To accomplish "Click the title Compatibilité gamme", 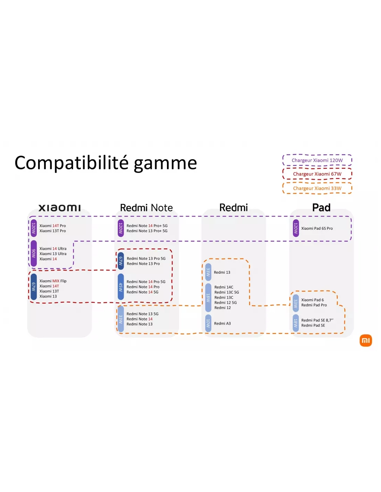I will pyautogui.click(x=106, y=163).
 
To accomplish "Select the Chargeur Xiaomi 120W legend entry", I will pyautogui.click(x=317, y=160).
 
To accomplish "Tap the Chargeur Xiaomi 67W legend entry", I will pyautogui.click(x=317, y=174).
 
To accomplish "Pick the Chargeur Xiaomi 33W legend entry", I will pyautogui.click(x=317, y=188).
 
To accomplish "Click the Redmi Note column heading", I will pyautogui.click(x=146, y=208).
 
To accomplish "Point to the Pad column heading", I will pyautogui.click(x=321, y=208).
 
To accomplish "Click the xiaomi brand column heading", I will pyautogui.click(x=60, y=208).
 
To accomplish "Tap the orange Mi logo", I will pyautogui.click(x=366, y=340).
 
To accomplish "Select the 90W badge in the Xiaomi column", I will pyautogui.click(x=34, y=253).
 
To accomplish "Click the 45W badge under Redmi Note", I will pyautogui.click(x=121, y=287).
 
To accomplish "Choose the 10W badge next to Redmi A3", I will pyautogui.click(x=208, y=323).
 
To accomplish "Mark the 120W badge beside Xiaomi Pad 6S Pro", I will pyautogui.click(x=296, y=228).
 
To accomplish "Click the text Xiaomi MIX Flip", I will pyautogui.click(x=53, y=281).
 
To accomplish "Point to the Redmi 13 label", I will pyautogui.click(x=222, y=272).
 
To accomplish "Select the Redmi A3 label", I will pyautogui.click(x=222, y=324).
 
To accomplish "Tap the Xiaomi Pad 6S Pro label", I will pyautogui.click(x=317, y=228).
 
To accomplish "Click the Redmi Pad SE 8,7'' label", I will pyautogui.click(x=317, y=320).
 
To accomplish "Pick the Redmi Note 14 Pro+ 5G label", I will pyautogui.click(x=147, y=226).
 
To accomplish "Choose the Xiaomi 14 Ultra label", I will pyautogui.click(x=53, y=248).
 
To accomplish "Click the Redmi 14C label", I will pyautogui.click(x=224, y=287).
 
